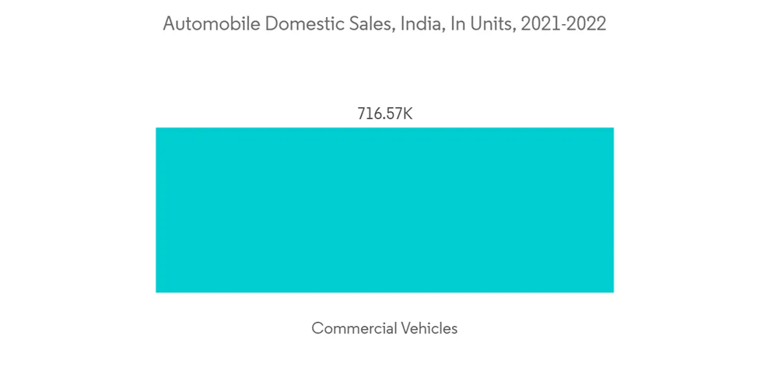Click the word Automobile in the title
click(210, 24)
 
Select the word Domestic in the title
click(299, 24)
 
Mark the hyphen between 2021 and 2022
click(562, 25)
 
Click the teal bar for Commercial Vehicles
click(384, 210)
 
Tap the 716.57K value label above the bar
click(384, 114)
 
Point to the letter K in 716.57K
click(408, 114)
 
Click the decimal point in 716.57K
click(380, 117)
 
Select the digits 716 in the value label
click(368, 114)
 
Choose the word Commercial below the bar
click(354, 328)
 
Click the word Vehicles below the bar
click(429, 328)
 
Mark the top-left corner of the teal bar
click(156, 128)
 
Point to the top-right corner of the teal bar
click(613, 128)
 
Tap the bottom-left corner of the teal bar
click(156, 292)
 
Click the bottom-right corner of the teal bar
click(613, 292)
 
